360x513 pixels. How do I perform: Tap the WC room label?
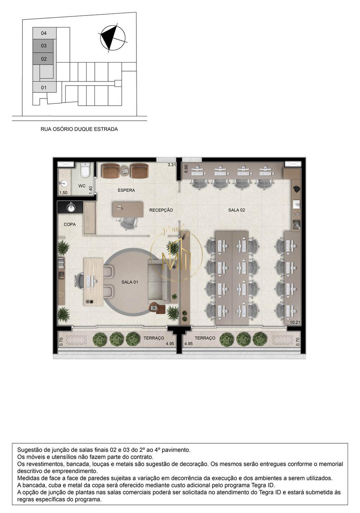click(82, 186)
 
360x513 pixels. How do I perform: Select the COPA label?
click(70, 224)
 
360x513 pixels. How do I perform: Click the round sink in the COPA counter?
click(71, 207)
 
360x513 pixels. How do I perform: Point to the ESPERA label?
click(126, 190)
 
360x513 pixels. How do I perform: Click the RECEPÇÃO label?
click(161, 210)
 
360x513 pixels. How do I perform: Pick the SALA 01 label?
click(130, 282)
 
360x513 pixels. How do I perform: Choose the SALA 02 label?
click(237, 210)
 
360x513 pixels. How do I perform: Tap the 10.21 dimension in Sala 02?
click(295, 322)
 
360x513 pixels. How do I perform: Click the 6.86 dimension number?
click(186, 169)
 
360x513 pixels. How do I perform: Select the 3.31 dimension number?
click(172, 164)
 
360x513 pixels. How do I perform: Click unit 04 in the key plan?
click(44, 33)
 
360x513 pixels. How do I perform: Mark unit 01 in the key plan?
click(44, 87)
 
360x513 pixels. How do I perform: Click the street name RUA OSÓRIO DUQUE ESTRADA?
click(79, 129)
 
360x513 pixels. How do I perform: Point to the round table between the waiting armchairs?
click(125, 170)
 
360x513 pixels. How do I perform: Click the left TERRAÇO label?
click(154, 338)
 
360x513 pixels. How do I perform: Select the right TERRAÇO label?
click(205, 338)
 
